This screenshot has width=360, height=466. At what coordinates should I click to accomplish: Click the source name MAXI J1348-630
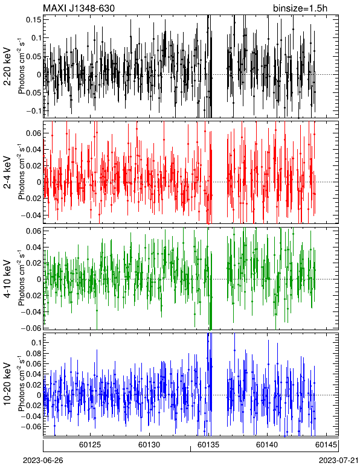click(79, 8)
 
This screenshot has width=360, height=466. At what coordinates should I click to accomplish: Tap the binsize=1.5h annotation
click(300, 8)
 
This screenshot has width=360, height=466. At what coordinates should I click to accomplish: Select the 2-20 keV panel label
click(7, 66)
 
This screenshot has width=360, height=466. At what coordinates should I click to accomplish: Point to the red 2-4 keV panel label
click(7, 173)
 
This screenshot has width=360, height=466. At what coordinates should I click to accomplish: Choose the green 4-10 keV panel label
click(7, 278)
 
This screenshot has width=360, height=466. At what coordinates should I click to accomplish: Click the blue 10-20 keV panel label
click(7, 385)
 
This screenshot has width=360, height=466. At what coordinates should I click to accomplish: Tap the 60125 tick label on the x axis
click(90, 445)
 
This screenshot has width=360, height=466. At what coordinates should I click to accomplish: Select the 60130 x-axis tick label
click(149, 445)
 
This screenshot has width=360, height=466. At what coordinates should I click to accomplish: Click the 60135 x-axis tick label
click(208, 445)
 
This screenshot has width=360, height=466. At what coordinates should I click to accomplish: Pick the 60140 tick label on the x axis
click(267, 445)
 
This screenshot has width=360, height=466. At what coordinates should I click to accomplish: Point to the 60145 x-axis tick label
click(326, 445)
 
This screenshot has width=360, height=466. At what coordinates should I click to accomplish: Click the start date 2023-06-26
click(43, 461)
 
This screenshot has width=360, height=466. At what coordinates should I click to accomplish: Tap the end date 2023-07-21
click(339, 461)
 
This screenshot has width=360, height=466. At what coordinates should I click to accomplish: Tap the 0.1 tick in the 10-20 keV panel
click(36, 343)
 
